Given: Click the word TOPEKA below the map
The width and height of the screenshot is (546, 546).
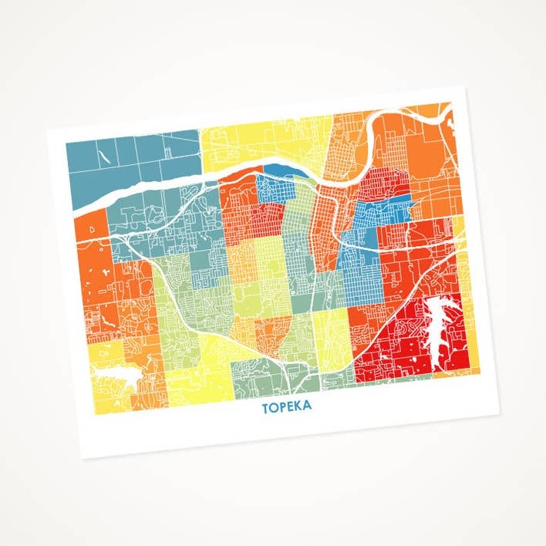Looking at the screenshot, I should (287, 406).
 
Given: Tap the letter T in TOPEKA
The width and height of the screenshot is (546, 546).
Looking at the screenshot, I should (265, 407).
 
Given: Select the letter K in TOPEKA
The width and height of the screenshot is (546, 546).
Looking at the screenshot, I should (298, 406).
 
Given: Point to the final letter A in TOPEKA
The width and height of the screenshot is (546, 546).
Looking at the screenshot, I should (308, 405).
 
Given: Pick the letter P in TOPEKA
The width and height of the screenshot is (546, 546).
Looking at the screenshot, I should (281, 406).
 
